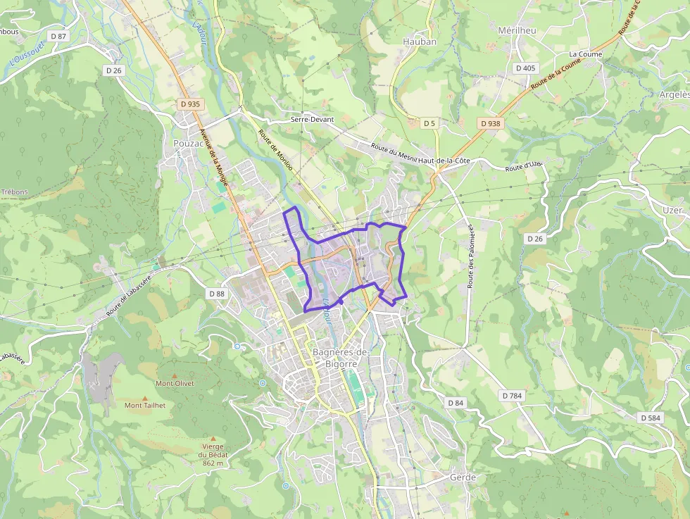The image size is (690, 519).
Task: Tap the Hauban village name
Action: click(x=420, y=42)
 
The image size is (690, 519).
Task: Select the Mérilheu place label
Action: click(x=517, y=31)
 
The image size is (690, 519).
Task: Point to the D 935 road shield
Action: click(x=189, y=104)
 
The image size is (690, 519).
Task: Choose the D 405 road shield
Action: click(x=525, y=68)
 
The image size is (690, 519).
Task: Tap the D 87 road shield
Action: click(x=58, y=36)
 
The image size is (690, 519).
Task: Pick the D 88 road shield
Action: click(x=217, y=293)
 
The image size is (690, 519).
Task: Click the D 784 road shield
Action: click(x=513, y=396)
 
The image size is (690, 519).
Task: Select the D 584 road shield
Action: click(x=651, y=418)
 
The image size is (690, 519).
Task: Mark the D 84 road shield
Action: click(x=456, y=402)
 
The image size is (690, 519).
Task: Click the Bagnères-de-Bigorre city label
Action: click(x=340, y=358)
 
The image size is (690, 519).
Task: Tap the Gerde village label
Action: click(x=463, y=477)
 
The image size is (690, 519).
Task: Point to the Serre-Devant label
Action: click(x=312, y=120)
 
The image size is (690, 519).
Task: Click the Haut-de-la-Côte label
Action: click(x=444, y=161)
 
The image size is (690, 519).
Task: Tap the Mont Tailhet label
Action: click(x=145, y=405)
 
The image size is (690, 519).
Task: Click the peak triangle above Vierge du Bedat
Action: click(x=213, y=438)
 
